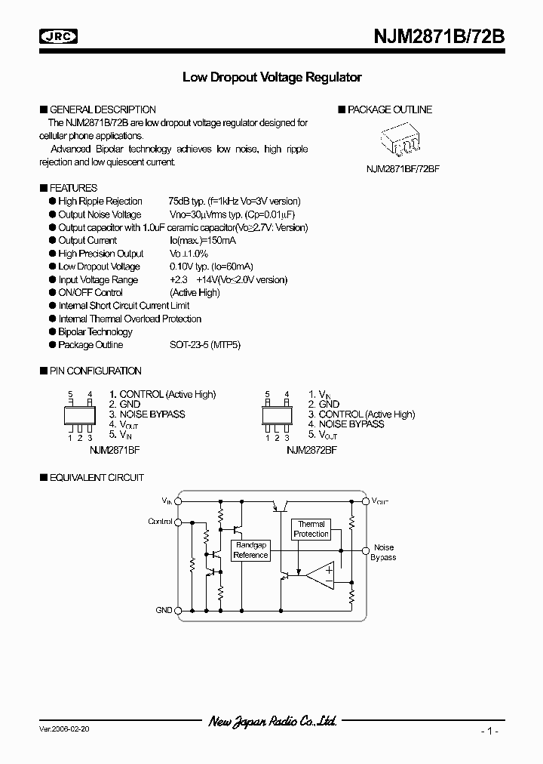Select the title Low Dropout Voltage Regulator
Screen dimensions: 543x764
coord(272,77)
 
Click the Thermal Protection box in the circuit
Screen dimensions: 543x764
coord(311,528)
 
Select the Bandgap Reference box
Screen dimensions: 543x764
coord(250,550)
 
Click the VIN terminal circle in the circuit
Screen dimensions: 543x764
coord(178,501)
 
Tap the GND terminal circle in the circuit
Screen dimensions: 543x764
coord(178,610)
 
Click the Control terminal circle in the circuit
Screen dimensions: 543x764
coord(178,522)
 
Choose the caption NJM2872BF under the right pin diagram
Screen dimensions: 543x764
coord(311,448)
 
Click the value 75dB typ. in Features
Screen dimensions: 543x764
coord(187,202)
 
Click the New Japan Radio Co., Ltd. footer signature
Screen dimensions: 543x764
coord(272,722)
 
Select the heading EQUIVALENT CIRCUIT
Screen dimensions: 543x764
coord(96,478)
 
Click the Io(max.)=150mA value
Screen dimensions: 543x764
coord(202,241)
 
